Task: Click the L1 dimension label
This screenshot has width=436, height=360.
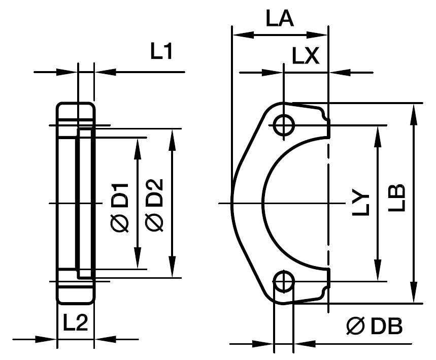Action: tap(162, 52)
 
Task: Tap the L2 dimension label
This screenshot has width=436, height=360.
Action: tap(75, 323)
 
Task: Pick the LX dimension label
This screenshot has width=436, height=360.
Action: tap(305, 56)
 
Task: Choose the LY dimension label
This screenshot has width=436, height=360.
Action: tap(361, 204)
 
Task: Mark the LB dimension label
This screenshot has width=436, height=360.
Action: tap(399, 198)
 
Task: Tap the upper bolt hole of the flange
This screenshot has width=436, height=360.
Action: tap(284, 125)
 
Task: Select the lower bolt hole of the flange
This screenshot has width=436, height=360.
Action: tap(284, 281)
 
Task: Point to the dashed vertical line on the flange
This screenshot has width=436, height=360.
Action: tap(328, 203)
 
